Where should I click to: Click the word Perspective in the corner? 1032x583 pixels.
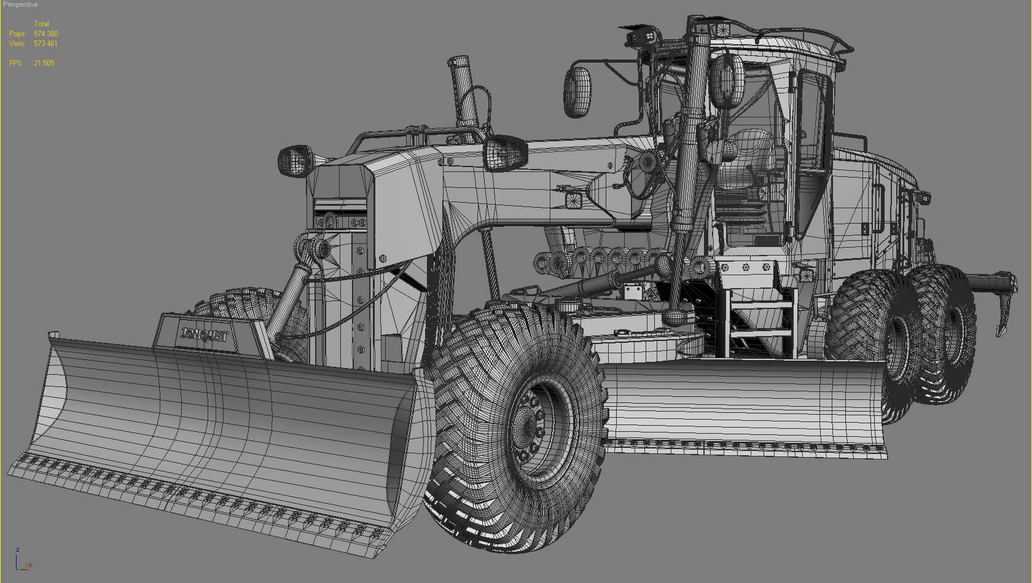(20, 4)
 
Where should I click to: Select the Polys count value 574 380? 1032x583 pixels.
(46, 34)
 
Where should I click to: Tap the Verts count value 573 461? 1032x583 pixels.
(45, 44)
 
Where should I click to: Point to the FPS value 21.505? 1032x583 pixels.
(44, 63)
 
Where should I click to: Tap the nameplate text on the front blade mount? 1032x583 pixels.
(205, 335)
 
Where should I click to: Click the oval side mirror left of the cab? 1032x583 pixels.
(577, 92)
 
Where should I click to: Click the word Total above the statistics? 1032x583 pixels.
(41, 24)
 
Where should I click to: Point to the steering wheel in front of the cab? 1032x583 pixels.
(639, 178)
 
